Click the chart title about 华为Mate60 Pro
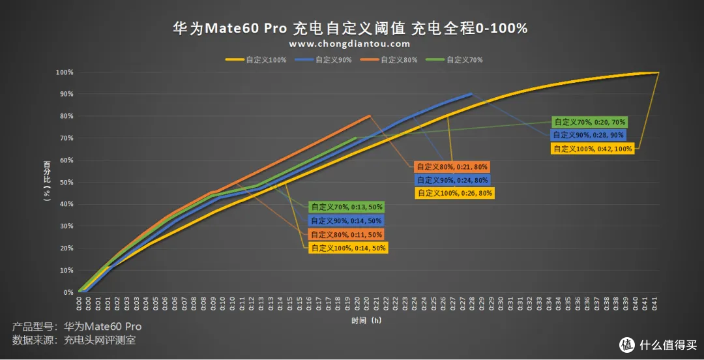pyautogui.click(x=350, y=28)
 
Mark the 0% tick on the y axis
pyautogui.click(x=68, y=292)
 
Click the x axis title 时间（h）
pyautogui.click(x=368, y=321)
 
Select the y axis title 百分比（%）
pyautogui.click(x=47, y=182)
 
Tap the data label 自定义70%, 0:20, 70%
pyautogui.click(x=590, y=122)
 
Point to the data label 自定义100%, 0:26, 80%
pyautogui.click(x=454, y=193)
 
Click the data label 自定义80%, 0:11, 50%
pyautogui.click(x=347, y=234)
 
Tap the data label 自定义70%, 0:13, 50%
pyautogui.click(x=347, y=207)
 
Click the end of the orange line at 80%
pyautogui.click(x=370, y=116)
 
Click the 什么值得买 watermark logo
pyautogui.click(x=658, y=344)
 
